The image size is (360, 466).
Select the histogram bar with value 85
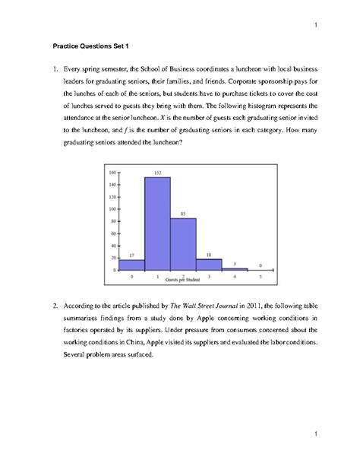pyautogui.click(x=183, y=243)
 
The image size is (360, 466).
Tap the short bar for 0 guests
pyautogui.click(x=131, y=265)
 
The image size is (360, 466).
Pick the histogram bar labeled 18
pyautogui.click(x=209, y=264)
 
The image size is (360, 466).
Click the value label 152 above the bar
pyautogui.click(x=157, y=173)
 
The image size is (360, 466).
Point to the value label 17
pyautogui.click(x=131, y=255)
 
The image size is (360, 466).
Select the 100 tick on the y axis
pyautogui.click(x=111, y=208)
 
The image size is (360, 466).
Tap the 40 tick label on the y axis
pyautogui.click(x=112, y=246)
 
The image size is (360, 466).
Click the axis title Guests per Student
pyautogui.click(x=182, y=280)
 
